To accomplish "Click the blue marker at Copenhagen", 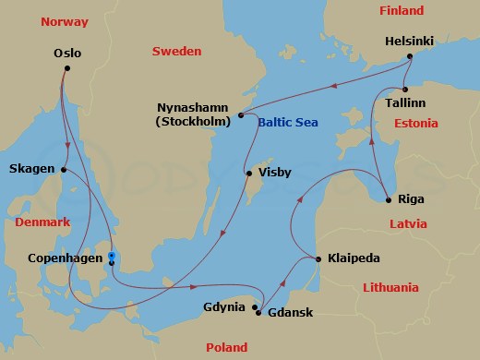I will [111, 256].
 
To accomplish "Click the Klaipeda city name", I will [354, 259].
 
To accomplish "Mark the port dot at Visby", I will [248, 174].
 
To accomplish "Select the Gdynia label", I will [224, 306].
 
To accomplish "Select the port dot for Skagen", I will [64, 169].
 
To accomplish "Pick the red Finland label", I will [402, 11].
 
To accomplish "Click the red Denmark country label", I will [42, 223].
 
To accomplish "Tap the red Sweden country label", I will [175, 52].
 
